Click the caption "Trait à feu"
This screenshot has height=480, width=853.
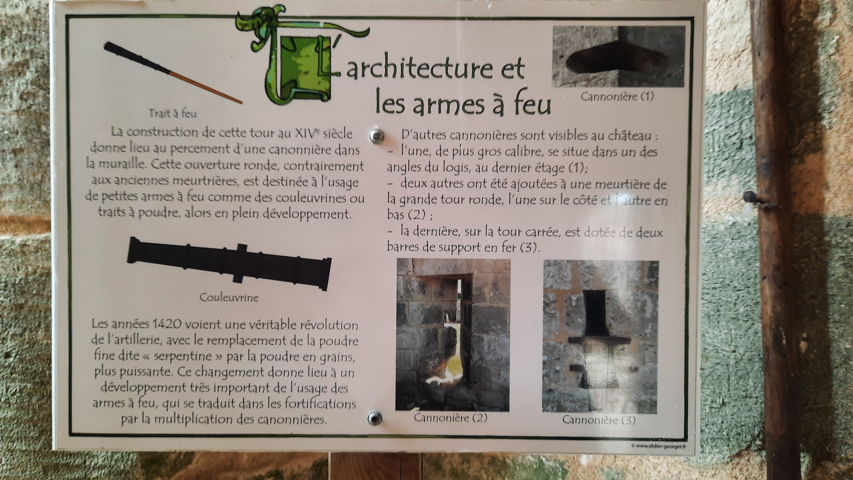(x=173, y=114)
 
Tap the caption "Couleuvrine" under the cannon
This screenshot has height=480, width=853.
(x=229, y=297)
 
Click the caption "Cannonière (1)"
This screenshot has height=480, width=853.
(x=617, y=97)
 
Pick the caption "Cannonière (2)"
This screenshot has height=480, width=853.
(x=451, y=418)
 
